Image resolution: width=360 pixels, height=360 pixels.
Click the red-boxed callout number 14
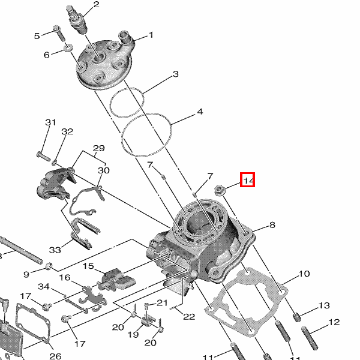tap(247, 180)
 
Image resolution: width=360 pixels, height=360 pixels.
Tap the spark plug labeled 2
tap(77, 20)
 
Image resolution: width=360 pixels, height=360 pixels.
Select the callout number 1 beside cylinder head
tap(151, 35)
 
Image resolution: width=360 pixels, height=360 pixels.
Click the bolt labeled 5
tap(59, 34)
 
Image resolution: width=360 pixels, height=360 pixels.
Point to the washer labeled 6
tap(68, 47)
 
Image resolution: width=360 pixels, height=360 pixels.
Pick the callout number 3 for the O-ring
tap(176, 74)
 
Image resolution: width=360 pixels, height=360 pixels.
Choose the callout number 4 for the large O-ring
tap(200, 112)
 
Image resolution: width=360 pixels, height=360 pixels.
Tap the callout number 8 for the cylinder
tap(272, 225)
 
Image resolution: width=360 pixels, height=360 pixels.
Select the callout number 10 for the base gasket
tap(304, 274)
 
